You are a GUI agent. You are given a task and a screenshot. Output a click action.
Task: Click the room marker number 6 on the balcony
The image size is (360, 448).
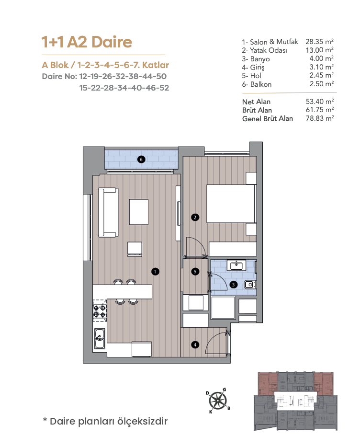point(141,160)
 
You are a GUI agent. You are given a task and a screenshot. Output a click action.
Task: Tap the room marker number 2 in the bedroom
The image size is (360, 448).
point(195,218)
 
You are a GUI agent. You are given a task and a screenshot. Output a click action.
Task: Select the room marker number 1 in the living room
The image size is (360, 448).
point(155,271)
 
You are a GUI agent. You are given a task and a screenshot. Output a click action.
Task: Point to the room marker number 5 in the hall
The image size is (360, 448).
point(195,271)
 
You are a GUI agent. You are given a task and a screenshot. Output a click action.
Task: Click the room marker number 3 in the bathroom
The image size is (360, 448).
point(234,285)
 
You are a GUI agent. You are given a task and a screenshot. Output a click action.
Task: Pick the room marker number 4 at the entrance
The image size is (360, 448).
point(195,345)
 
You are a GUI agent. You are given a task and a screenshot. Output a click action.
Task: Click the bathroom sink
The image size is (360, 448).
point(236,265)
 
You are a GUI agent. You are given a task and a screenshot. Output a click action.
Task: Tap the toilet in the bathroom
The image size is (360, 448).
point(250,284)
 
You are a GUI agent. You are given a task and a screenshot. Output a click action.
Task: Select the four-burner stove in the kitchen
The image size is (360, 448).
point(100,311)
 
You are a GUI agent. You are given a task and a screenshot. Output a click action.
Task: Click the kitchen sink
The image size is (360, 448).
point(100,339)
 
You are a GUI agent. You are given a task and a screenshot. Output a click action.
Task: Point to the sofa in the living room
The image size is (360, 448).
point(108,212)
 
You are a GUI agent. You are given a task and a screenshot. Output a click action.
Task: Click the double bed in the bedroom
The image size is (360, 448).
point(231,204)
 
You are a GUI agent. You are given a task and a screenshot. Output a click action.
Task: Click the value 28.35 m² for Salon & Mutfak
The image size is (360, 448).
point(319,42)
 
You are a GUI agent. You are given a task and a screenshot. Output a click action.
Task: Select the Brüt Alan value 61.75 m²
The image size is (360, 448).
point(320,110)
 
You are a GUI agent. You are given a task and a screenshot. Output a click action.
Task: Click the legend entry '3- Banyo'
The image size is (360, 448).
point(256,59)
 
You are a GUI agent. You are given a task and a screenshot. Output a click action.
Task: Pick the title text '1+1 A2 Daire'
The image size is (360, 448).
point(87,42)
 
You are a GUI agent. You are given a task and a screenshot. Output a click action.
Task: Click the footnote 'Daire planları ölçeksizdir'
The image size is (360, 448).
point(109,421)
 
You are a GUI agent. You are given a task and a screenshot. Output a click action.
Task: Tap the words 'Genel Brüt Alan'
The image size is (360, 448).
point(268,118)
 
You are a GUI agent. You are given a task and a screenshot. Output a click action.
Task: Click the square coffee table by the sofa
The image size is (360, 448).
point(139,212)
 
